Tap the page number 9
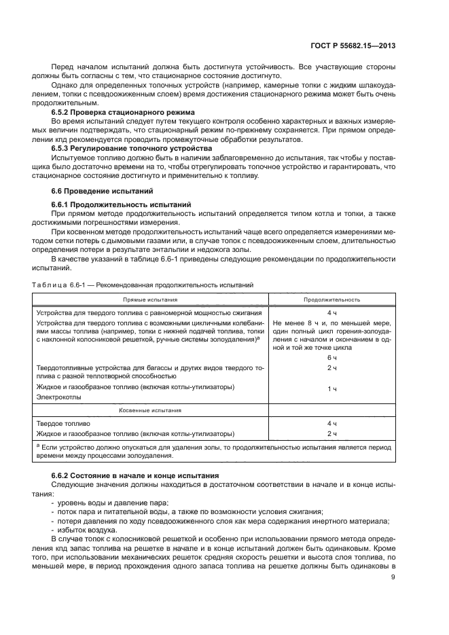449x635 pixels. tap(393, 579)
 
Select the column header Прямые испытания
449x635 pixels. tap(150, 299)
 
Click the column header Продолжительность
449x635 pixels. tap(331, 299)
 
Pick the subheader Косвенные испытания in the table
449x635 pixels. tap(150, 410)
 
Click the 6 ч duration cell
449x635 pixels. tap(331, 357)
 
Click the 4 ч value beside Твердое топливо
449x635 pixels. tap(331, 422)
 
